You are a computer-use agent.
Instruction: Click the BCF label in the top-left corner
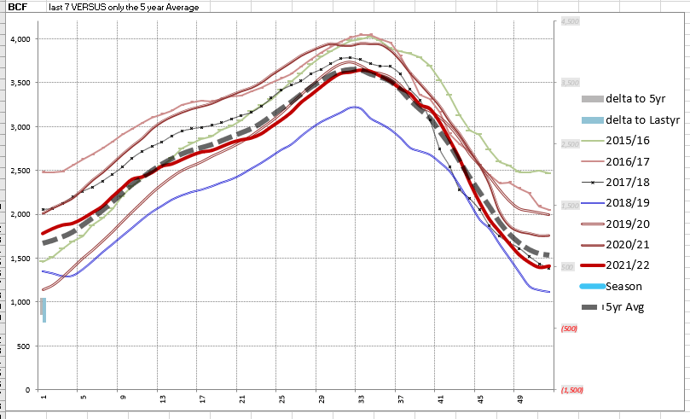(16, 7)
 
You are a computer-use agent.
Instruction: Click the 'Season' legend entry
(623, 287)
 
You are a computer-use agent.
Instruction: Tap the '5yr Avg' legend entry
(624, 307)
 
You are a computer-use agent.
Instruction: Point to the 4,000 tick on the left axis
(20, 39)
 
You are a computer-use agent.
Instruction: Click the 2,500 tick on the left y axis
(20, 171)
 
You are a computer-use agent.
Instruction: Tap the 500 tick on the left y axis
(23, 346)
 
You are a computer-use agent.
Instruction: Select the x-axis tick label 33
(361, 398)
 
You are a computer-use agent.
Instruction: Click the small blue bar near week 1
(43, 309)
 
